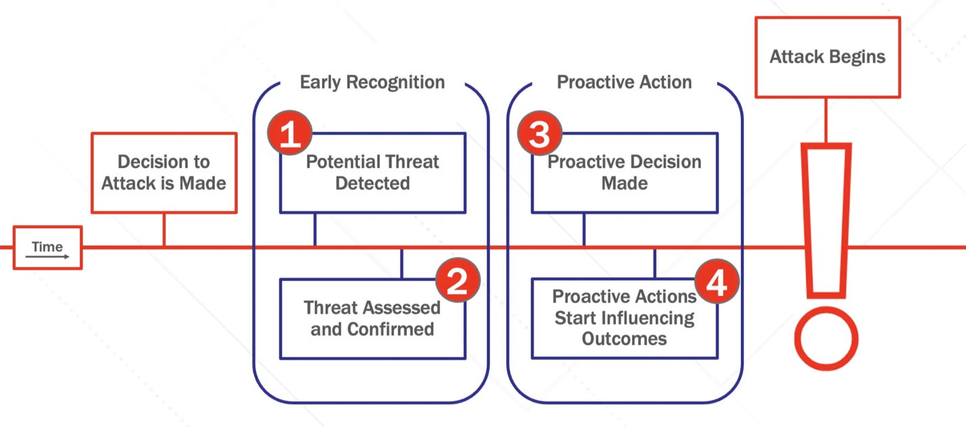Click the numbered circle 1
click(x=290, y=134)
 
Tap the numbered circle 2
click(x=458, y=280)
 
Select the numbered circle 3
click(x=539, y=134)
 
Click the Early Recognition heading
click(x=372, y=82)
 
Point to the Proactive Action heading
click(x=624, y=82)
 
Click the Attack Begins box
click(x=827, y=57)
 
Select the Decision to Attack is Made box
click(x=164, y=173)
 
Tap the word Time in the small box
click(x=47, y=247)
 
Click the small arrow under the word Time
click(x=50, y=257)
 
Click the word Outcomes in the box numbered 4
click(x=624, y=338)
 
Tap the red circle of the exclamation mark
click(x=825, y=340)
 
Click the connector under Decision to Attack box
click(x=164, y=230)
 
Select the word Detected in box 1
click(x=372, y=183)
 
